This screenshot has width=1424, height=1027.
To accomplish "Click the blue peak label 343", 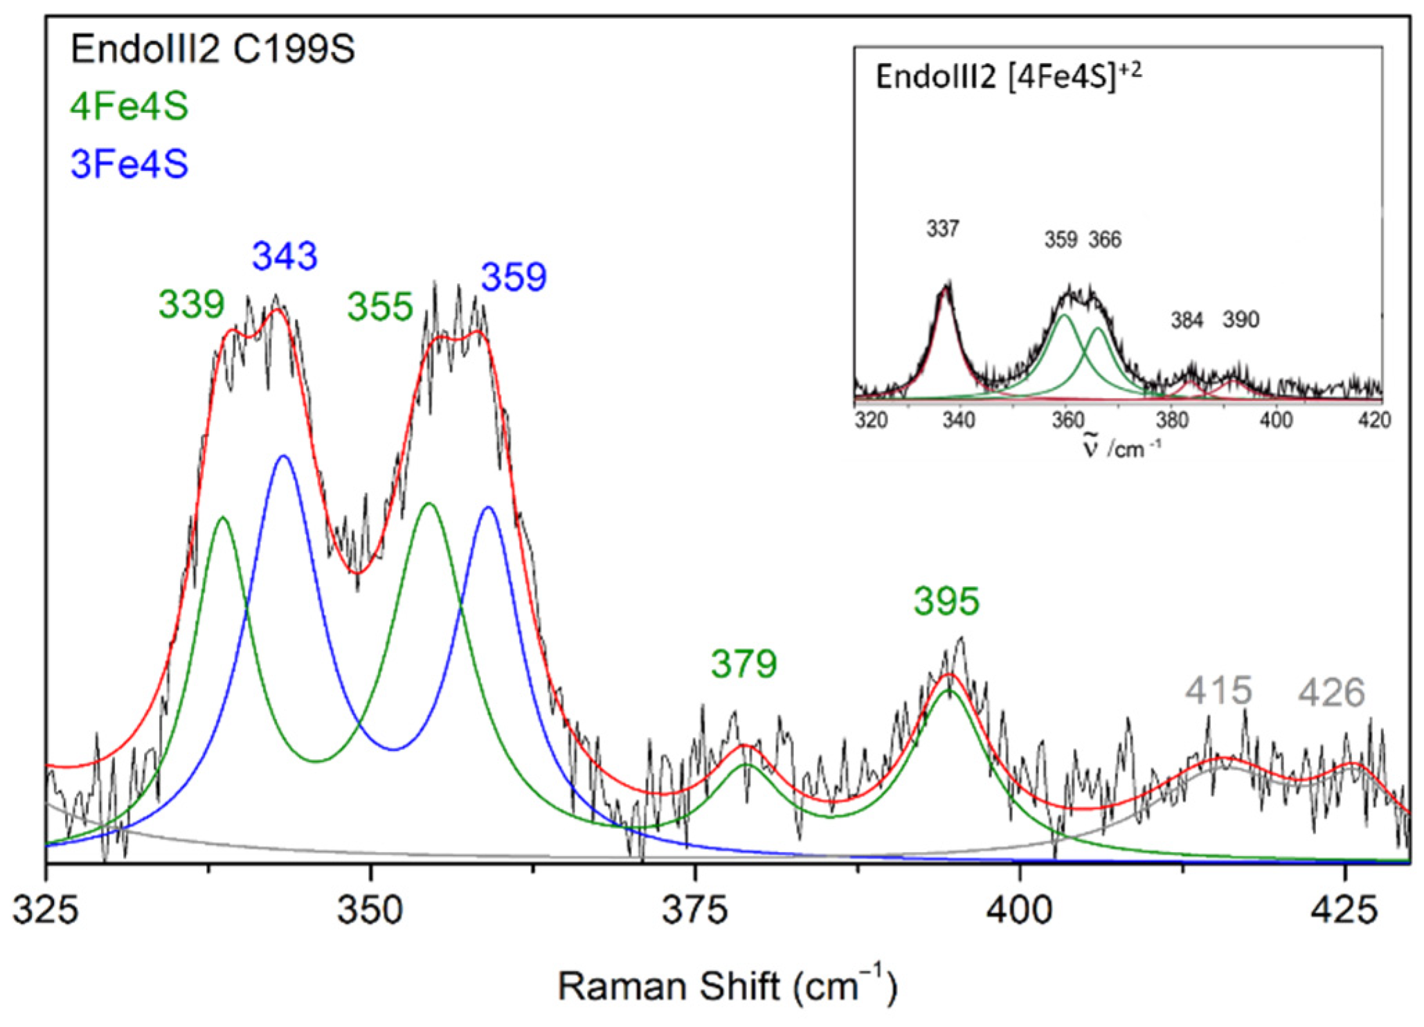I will click(285, 256).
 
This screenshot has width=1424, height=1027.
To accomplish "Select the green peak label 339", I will click(192, 304).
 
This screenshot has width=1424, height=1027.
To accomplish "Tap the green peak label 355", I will click(380, 307).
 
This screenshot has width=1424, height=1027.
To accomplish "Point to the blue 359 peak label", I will click(514, 277).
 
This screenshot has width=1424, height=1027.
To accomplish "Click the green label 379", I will click(743, 664).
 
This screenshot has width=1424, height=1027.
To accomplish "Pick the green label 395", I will click(946, 601).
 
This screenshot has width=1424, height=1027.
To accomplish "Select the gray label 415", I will click(1218, 690).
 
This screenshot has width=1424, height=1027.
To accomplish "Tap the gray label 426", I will click(1331, 692).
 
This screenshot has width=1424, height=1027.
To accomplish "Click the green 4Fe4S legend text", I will click(129, 107).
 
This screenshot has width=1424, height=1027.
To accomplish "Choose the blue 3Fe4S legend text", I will click(129, 165).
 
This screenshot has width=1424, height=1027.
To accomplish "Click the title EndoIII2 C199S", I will click(213, 50).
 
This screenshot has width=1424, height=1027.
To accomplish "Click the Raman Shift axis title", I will click(727, 985).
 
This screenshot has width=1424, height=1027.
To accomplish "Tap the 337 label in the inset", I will click(943, 228).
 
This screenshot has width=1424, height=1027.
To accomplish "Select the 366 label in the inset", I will click(1104, 240).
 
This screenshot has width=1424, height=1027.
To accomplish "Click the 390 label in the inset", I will click(1240, 320).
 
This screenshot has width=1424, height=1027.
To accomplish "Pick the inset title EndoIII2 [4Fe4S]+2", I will click(1008, 76).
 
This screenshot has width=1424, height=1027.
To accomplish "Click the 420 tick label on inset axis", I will click(1374, 420).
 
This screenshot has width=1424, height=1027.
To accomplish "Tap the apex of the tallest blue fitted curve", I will click(283, 456).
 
